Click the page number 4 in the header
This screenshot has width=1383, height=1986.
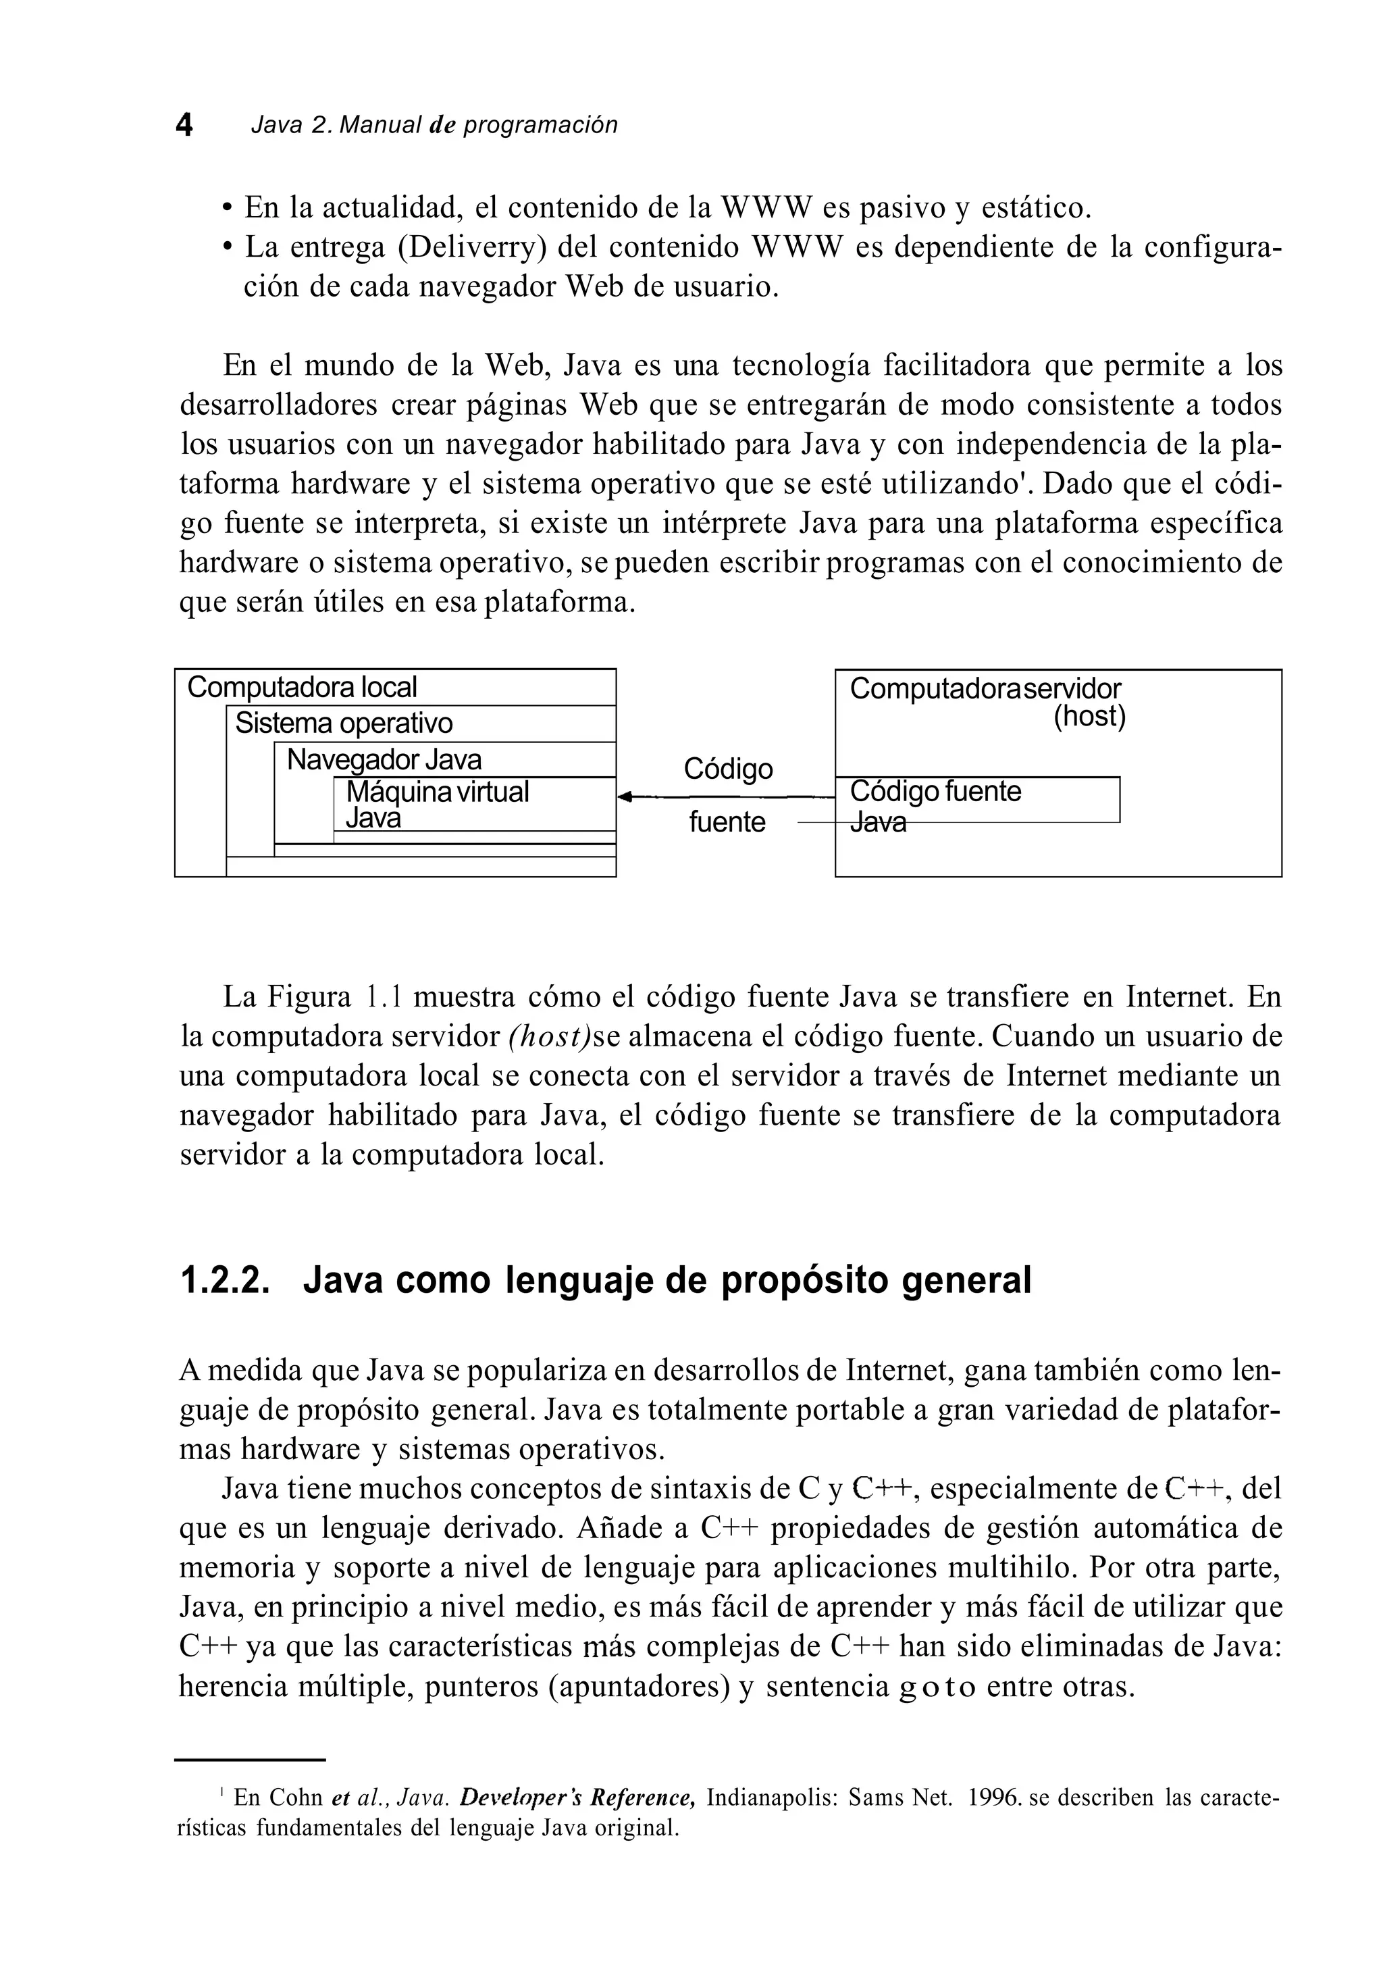pos(184,126)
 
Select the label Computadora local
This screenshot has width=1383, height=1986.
pos(302,688)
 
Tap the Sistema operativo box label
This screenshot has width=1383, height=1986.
pos(343,723)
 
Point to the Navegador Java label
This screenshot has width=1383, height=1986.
pos(384,759)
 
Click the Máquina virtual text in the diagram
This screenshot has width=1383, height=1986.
pos(437,792)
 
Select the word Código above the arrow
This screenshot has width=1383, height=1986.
pos(727,768)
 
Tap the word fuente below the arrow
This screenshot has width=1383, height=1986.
pos(727,821)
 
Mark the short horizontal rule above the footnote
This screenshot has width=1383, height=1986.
pos(250,1760)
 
